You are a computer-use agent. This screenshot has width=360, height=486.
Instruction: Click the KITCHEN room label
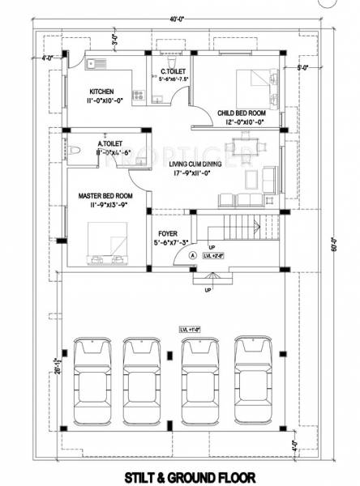[x=101, y=92]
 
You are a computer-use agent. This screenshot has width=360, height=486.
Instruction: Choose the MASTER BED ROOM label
[x=105, y=196]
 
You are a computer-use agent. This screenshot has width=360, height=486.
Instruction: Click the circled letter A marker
[x=193, y=254]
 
